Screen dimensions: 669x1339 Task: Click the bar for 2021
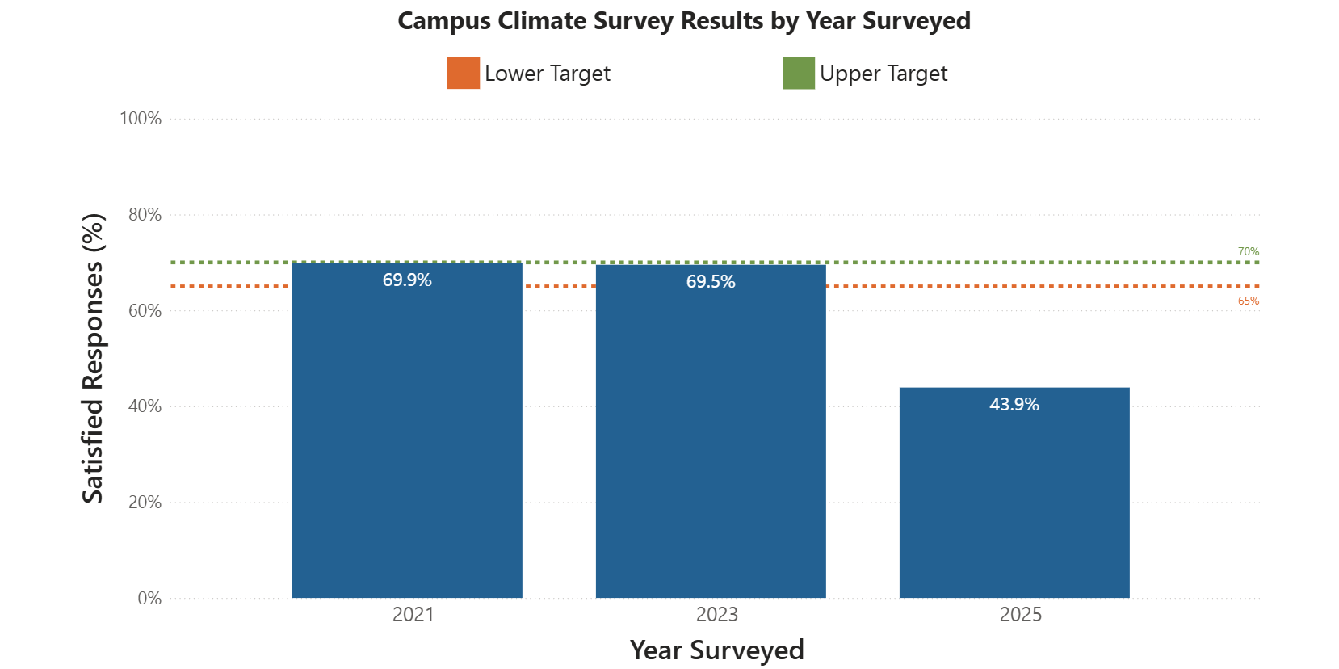pos(407,436)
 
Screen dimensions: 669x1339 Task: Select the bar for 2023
pos(711,436)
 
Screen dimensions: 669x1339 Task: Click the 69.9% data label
pos(407,280)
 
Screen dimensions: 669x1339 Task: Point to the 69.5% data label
pos(711,282)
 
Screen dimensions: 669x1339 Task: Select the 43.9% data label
pos(1014,405)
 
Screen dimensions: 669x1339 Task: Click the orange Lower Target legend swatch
pos(463,73)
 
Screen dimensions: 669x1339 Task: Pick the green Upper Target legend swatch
pos(799,73)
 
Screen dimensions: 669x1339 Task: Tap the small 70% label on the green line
pos(1248,252)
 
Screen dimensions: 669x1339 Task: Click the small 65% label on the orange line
pos(1248,301)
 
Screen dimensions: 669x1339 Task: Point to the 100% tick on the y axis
pos(141,119)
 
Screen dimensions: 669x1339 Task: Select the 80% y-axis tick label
pos(145,215)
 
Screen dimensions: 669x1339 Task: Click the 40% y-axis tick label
pos(145,406)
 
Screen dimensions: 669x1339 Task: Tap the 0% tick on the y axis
pos(149,599)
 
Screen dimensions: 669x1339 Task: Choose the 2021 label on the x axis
pos(413,615)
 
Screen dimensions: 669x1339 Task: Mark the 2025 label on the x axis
pos(1021,615)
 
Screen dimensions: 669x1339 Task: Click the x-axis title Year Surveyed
pos(716,650)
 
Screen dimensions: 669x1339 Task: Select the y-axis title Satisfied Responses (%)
pos(94,358)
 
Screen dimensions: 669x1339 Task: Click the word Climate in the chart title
pos(542,21)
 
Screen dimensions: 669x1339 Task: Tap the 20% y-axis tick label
pos(145,503)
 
